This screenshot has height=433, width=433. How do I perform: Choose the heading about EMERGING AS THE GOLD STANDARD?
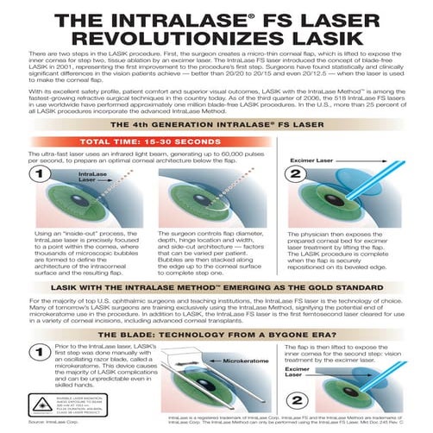(x=216, y=286)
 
